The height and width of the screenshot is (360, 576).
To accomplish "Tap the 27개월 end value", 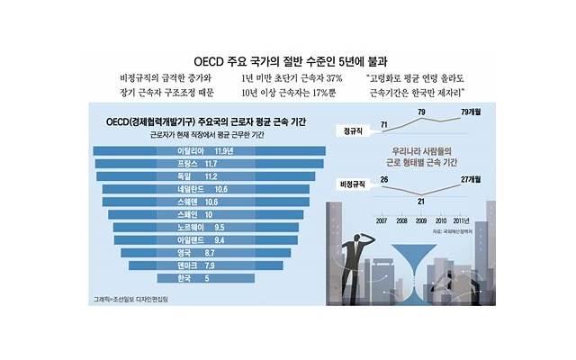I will pyautogui.click(x=474, y=180).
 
